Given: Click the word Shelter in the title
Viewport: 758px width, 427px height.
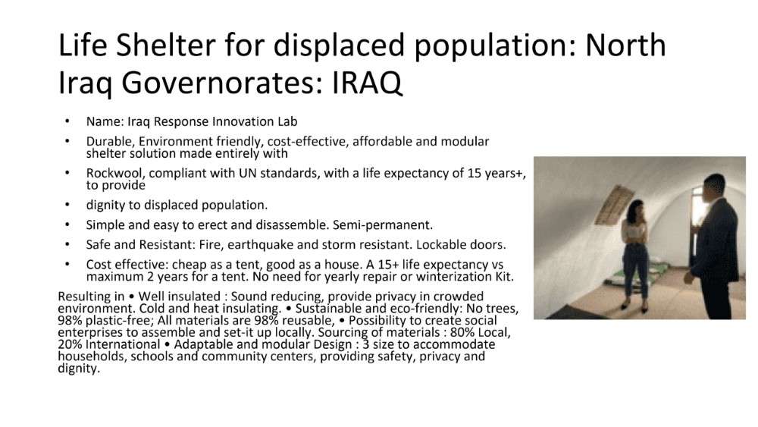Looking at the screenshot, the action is pos(166,46).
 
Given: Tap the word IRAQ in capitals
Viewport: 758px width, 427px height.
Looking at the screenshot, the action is pos(367,83).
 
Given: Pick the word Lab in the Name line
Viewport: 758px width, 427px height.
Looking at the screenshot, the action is pos(287,121).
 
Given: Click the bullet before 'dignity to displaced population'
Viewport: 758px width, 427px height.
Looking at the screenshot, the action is pos(67,205).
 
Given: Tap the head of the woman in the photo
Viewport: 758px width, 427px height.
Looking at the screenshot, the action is pos(635,209).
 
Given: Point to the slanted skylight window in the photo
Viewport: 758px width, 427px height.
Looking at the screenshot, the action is pos(615,205).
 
